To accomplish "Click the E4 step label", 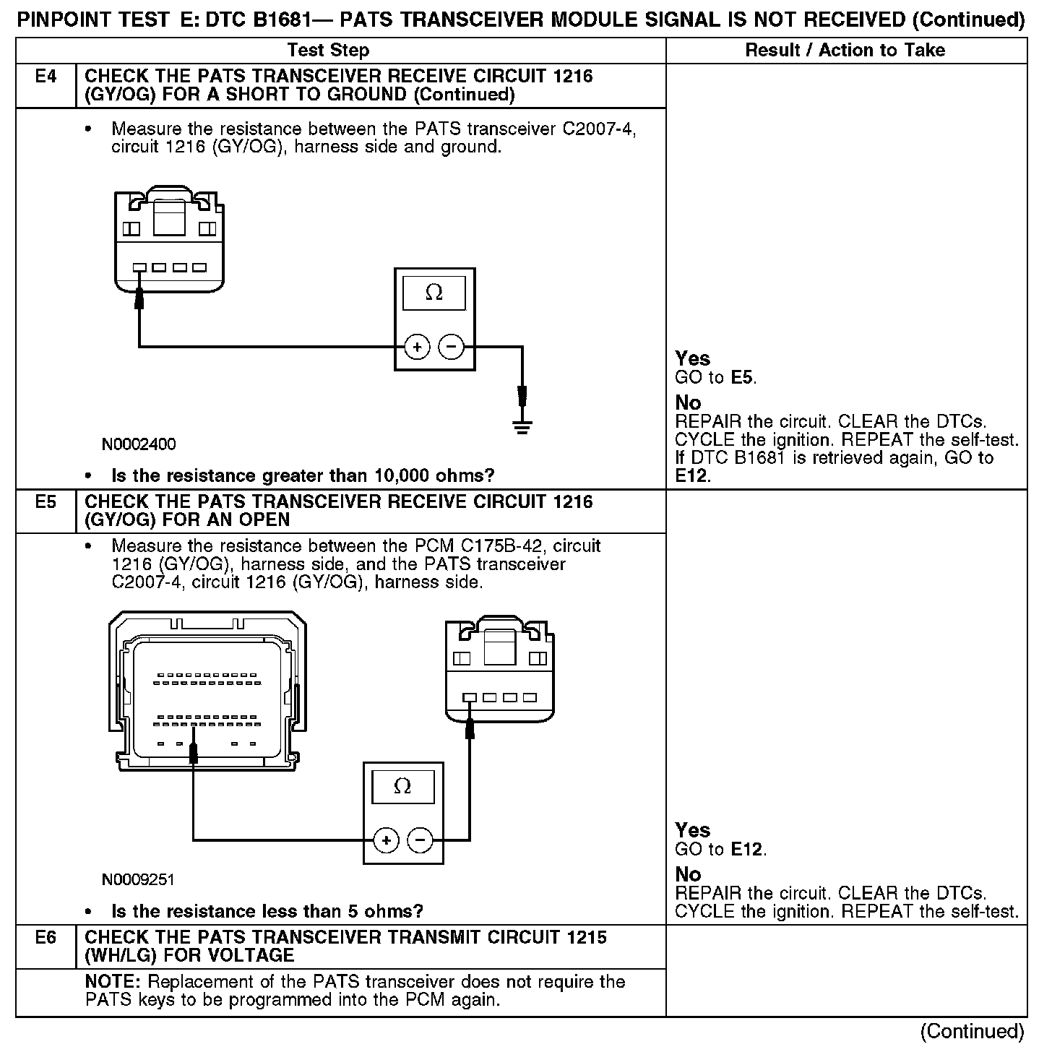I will [46, 77].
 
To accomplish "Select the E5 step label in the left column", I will [46, 501].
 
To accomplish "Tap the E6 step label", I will [46, 937].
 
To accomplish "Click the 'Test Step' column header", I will [328, 50].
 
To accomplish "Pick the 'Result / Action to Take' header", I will [845, 50].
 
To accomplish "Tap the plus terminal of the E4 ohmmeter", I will [417, 348].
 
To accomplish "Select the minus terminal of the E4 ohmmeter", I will [452, 348].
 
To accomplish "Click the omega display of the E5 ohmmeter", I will [402, 786].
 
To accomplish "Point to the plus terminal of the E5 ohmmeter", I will [387, 840].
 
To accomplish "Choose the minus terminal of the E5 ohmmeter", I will [421, 840].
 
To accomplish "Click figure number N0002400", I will [139, 444].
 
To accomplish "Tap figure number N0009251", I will [138, 879].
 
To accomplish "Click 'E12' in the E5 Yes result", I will [746, 850].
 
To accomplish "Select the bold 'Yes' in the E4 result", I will [692, 358].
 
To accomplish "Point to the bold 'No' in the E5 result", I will [688, 874].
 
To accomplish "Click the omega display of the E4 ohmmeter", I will [434, 292].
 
